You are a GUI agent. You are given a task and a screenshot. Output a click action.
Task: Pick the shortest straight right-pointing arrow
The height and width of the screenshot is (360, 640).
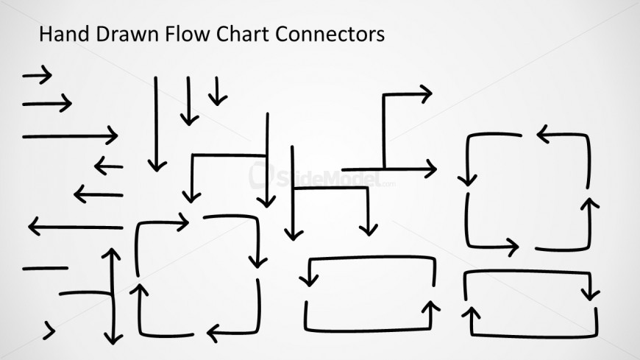37,74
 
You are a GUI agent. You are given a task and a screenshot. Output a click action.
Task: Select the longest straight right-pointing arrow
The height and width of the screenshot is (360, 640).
70,135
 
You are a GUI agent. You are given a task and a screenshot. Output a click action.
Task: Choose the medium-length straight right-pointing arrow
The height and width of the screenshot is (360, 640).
47,103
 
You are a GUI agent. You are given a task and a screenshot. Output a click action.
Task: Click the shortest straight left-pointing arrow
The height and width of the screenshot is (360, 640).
108,166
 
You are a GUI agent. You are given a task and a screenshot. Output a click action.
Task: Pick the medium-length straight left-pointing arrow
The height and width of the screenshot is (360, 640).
98,195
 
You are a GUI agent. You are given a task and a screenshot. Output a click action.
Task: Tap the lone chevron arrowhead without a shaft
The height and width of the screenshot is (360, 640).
50,330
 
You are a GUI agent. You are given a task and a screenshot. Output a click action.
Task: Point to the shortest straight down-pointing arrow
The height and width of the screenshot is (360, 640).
217,91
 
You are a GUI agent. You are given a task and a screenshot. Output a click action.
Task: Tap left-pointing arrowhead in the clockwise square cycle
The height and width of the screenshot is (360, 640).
213,333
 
